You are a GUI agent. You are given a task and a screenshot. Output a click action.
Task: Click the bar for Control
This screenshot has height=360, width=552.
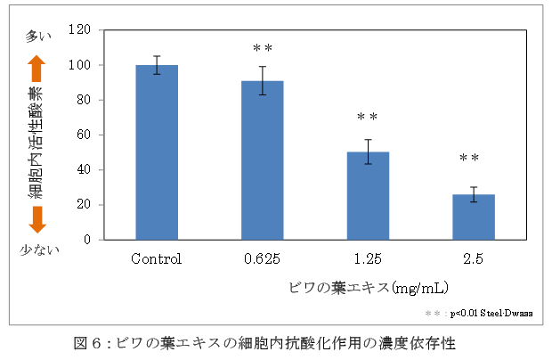coord(156,151)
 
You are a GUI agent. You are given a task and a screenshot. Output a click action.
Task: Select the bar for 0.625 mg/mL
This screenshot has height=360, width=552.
coord(262,160)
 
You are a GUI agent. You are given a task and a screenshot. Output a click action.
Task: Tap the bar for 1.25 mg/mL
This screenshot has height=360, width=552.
coord(368,195)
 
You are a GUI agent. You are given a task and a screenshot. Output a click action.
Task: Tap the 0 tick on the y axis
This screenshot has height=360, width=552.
coord(87,240)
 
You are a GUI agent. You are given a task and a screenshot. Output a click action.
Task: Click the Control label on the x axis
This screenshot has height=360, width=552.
coord(156,260)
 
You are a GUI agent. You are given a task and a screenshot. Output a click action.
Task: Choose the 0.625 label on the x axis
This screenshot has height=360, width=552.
coord(262,260)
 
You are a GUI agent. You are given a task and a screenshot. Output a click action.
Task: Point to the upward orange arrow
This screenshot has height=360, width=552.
coord(37,69)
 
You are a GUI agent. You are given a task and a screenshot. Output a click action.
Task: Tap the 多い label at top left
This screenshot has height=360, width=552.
coord(39,37)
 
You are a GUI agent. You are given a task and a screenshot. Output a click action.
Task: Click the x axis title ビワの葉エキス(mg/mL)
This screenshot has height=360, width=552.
coord(368,288)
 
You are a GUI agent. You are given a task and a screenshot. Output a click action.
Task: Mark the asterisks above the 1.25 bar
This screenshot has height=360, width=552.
coord(367,118)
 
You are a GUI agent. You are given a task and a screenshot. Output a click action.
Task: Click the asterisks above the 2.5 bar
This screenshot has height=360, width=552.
coord(469,159)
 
